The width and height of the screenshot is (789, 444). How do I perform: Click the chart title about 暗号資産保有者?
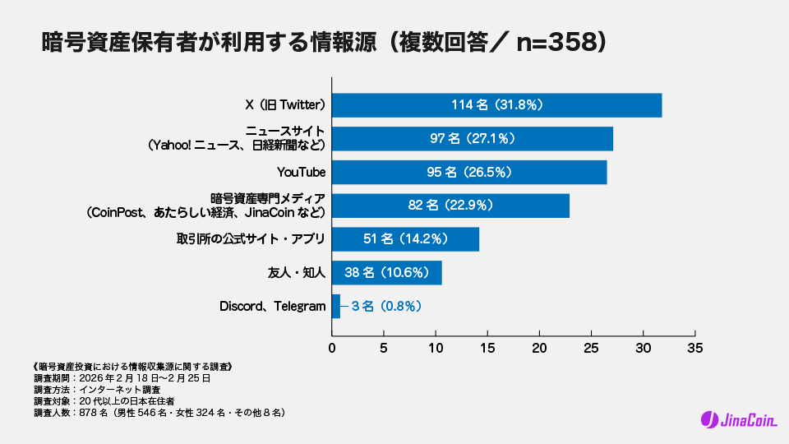pyautogui.click(x=325, y=43)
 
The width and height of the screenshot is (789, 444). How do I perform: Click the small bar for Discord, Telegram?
pyautogui.click(x=335, y=306)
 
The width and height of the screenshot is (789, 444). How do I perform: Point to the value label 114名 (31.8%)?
pyautogui.click(x=496, y=105)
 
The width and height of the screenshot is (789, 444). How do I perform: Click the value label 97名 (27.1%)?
pyautogui.click(x=473, y=139)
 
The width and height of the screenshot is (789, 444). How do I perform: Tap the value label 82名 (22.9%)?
pyautogui.click(x=450, y=206)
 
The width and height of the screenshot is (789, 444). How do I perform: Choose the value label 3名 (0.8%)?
pyautogui.click(x=386, y=307)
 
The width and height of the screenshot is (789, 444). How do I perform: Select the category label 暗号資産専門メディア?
pyautogui.click(x=268, y=199)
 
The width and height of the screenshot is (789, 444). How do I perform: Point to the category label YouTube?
pyautogui.click(x=302, y=173)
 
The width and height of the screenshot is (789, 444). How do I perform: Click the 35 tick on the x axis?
pyautogui.click(x=695, y=348)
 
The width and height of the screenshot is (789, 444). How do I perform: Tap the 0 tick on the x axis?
pyautogui.click(x=332, y=348)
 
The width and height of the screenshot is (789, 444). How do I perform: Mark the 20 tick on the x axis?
pyautogui.click(x=539, y=348)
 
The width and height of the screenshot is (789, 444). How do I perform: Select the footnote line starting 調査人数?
pyautogui.click(x=159, y=412)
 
